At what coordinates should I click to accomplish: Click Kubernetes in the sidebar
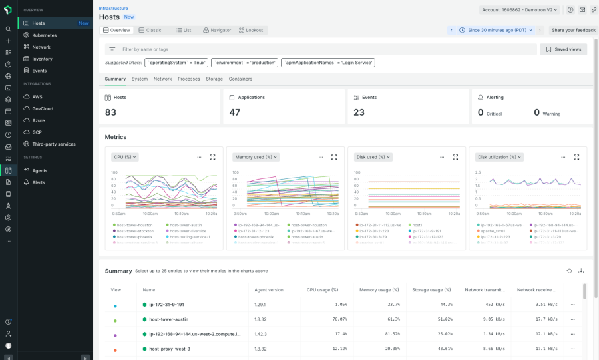(44, 35)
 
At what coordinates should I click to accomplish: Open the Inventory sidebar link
(42, 59)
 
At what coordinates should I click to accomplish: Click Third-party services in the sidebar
(53, 144)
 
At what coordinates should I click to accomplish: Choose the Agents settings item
(39, 171)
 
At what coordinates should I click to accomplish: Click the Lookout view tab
(250, 30)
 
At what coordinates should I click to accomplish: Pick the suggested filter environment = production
(245, 63)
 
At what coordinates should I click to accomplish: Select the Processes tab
(188, 79)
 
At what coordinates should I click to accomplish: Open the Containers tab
(240, 79)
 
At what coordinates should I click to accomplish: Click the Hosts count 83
(110, 112)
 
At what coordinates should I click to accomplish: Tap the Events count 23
(359, 112)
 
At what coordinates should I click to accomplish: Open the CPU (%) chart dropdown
(125, 157)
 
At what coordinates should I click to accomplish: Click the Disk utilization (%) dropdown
(500, 157)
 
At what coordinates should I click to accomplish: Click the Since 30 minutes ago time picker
(497, 30)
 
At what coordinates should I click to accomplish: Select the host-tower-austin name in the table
(168, 319)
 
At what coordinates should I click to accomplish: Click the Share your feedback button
(573, 30)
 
